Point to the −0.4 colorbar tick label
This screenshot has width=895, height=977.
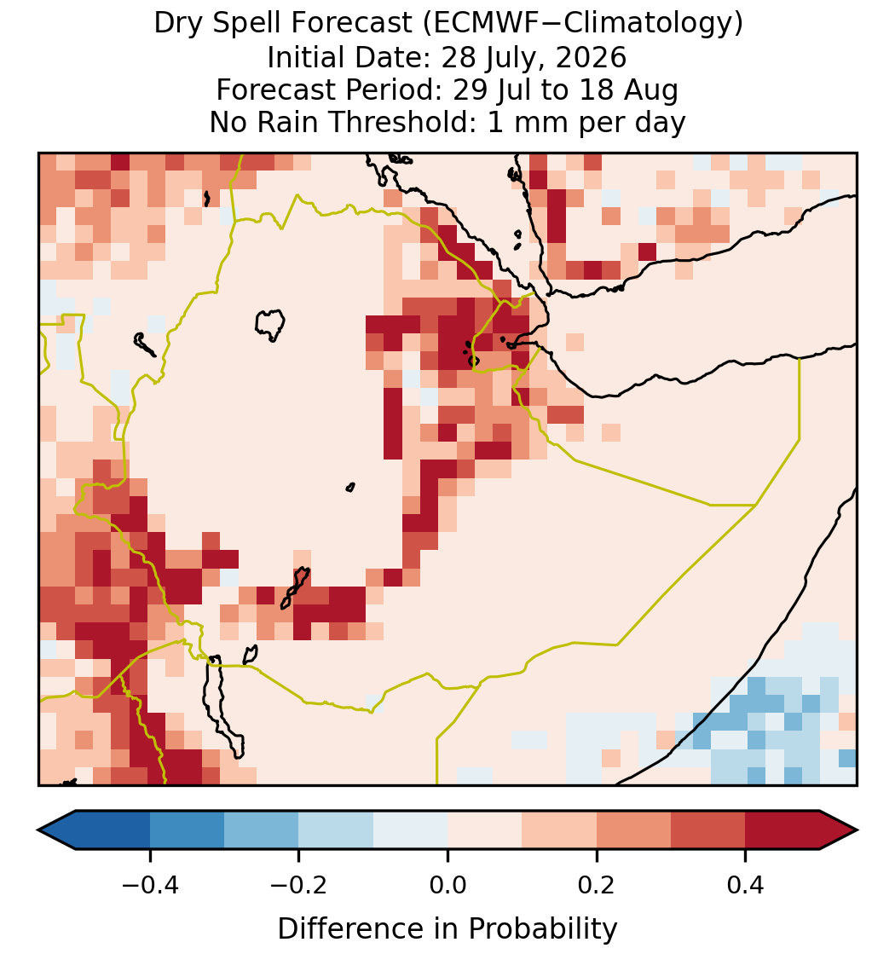pyautogui.click(x=150, y=885)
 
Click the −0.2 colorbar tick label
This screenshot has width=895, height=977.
pyautogui.click(x=298, y=885)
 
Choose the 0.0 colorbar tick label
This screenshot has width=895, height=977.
pyautogui.click(x=447, y=885)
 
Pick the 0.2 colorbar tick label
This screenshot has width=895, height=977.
pyautogui.click(x=597, y=885)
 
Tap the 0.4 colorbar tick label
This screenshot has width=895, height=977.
pyautogui.click(x=746, y=885)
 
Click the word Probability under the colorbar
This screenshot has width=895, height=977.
pyautogui.click(x=543, y=929)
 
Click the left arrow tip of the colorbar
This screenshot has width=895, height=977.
pyautogui.click(x=38, y=830)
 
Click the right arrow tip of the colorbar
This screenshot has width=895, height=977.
pyautogui.click(x=857, y=830)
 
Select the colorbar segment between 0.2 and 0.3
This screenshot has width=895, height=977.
pyautogui.click(x=633, y=830)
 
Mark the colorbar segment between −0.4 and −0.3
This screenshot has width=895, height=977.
pyautogui.click(x=187, y=830)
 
